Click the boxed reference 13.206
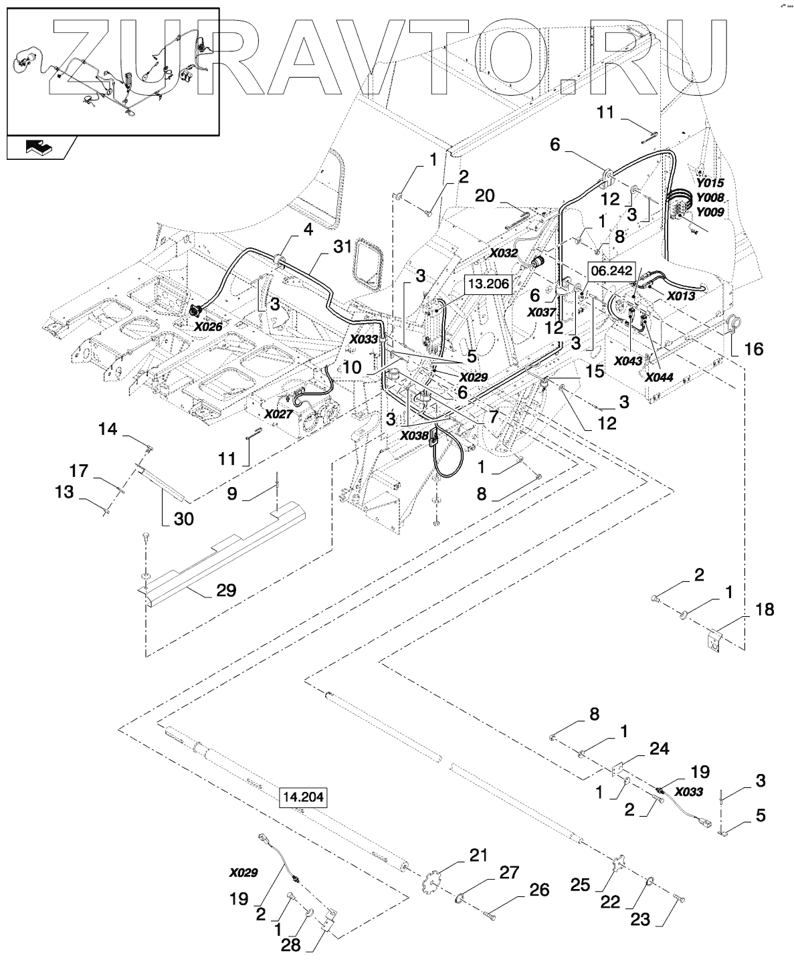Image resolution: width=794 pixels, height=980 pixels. click(x=488, y=284)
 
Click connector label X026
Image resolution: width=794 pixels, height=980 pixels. click(x=208, y=326)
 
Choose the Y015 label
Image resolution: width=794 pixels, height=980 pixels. click(x=709, y=183)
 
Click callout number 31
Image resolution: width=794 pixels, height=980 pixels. click(x=342, y=247)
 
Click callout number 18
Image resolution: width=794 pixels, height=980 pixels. click(x=765, y=609)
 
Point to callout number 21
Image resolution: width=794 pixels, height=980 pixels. click(x=478, y=856)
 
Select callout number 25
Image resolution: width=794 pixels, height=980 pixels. click(x=579, y=884)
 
